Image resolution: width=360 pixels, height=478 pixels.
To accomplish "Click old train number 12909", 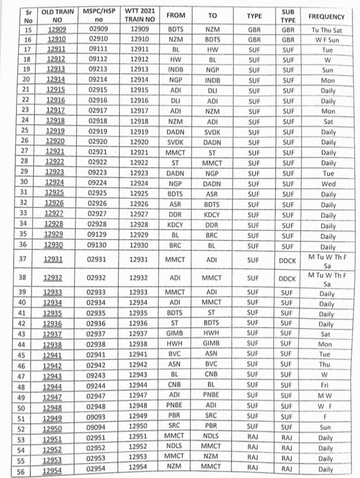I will [x=56, y=29].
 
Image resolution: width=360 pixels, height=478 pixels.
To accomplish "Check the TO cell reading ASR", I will [x=212, y=194].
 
